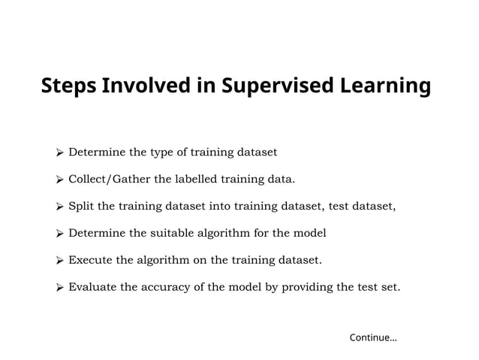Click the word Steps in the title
68,86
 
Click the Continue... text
373,337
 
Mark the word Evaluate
92,288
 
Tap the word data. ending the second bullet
282,180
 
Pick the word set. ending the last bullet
390,288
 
